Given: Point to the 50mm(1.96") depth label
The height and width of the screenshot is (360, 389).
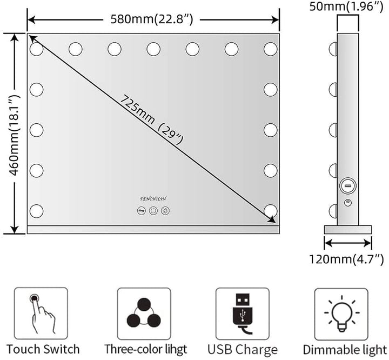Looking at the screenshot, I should (x=348, y=6).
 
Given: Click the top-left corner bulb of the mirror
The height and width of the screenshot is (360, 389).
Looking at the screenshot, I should (x=37, y=49).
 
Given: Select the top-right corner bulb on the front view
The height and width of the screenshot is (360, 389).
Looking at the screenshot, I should (x=271, y=49).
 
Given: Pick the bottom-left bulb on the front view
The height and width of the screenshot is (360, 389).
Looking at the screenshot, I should (x=37, y=211).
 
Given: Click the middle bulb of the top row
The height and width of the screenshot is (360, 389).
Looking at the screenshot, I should (x=153, y=49).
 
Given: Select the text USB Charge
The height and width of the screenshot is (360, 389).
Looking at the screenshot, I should (x=243, y=349).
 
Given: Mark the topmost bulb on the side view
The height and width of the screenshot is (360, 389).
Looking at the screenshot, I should (x=332, y=49).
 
